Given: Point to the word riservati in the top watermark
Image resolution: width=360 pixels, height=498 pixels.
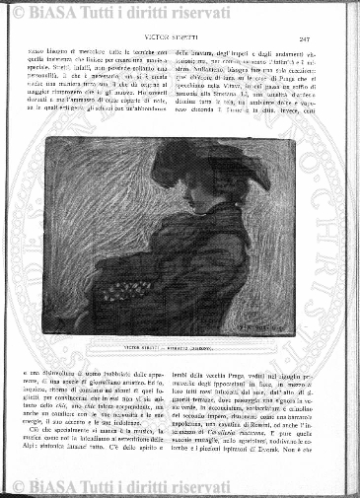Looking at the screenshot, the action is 193,12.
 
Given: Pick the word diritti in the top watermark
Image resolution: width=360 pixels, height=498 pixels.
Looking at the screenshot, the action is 144,12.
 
